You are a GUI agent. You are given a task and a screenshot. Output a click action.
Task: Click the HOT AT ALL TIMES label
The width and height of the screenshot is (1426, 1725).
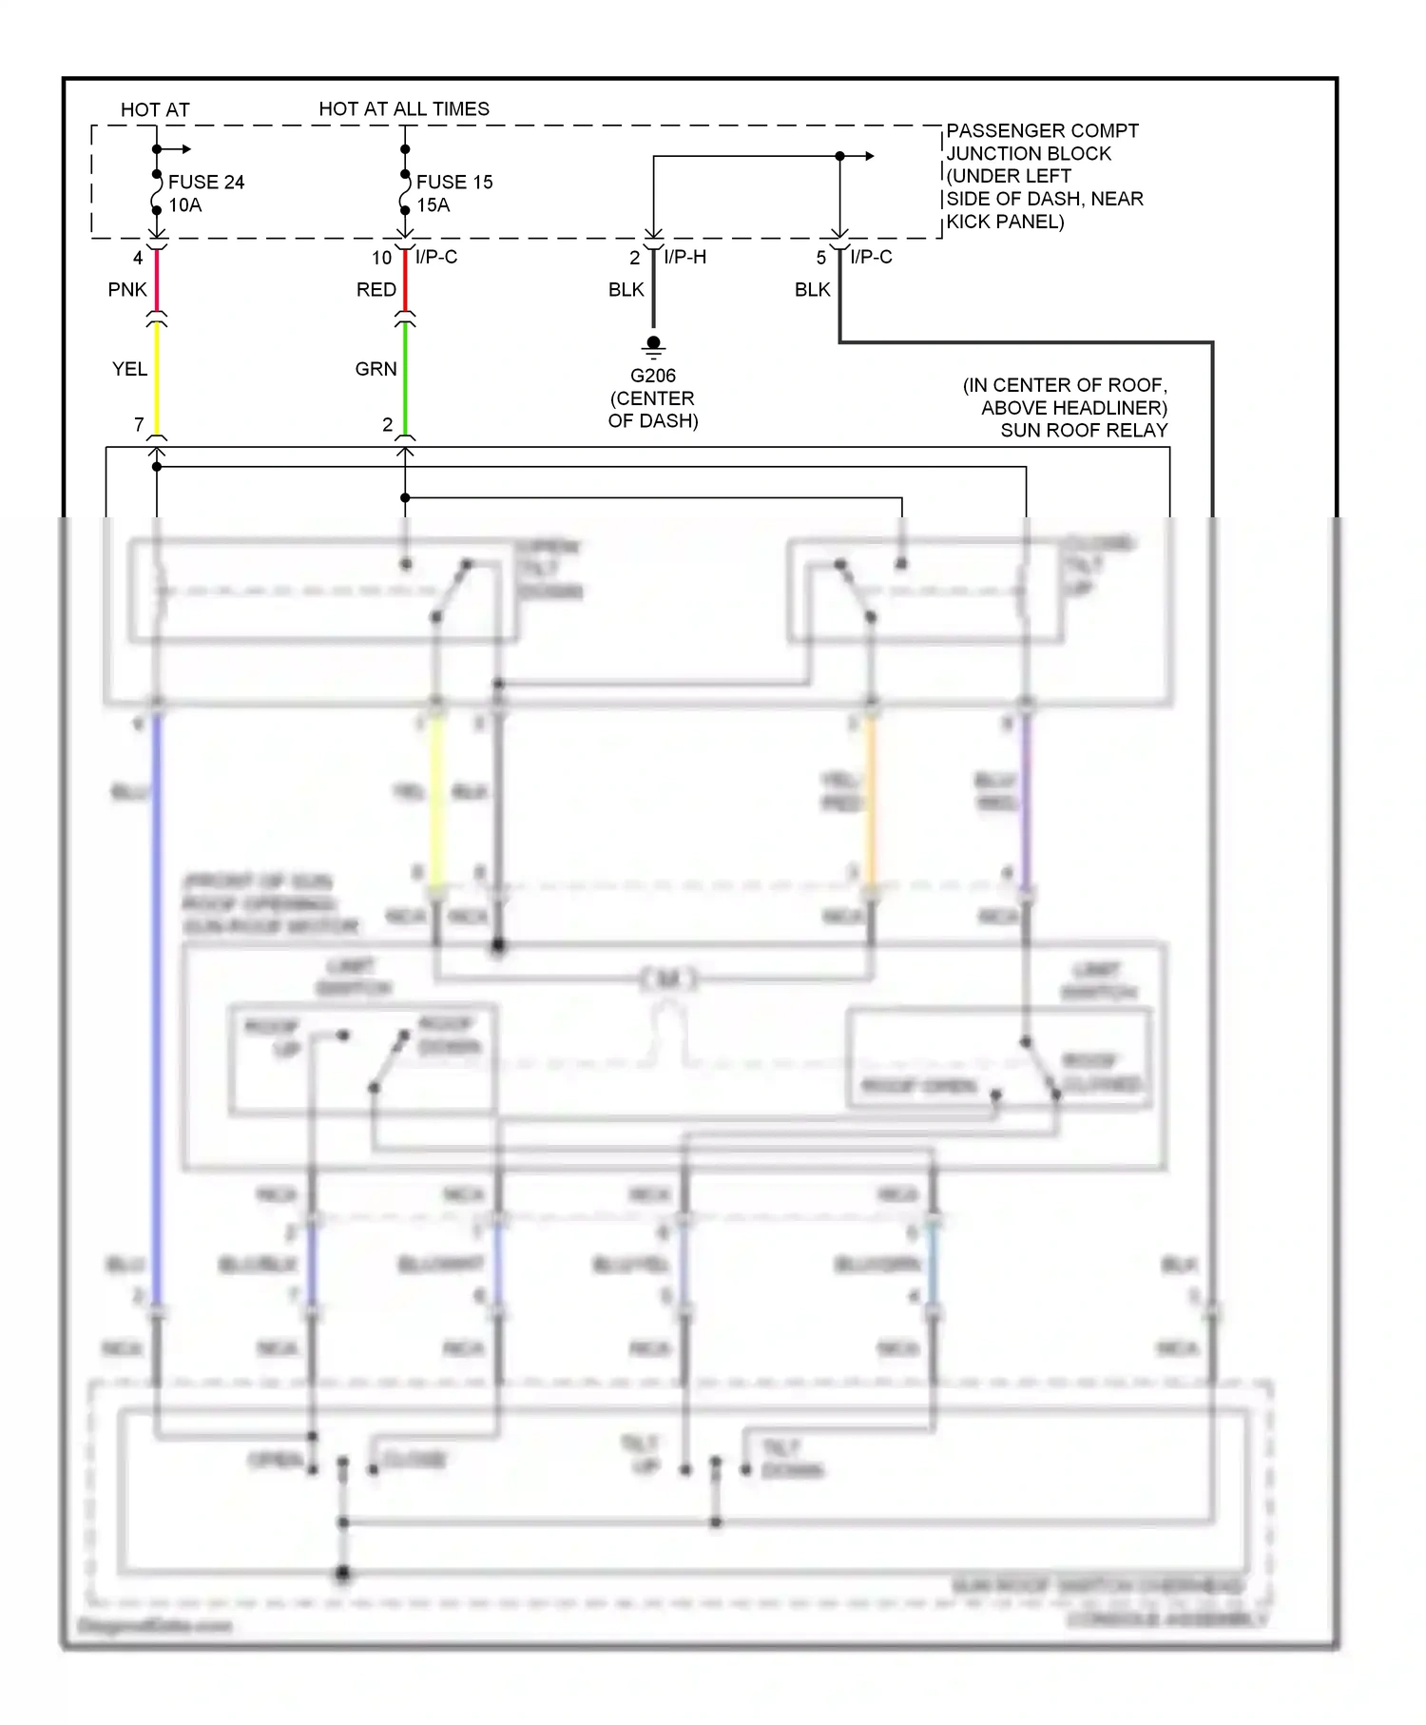[x=404, y=108]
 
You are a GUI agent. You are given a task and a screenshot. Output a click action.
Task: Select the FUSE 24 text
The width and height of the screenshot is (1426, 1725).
[x=206, y=182]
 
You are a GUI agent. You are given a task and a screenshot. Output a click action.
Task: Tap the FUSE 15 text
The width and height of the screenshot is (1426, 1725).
[x=454, y=182]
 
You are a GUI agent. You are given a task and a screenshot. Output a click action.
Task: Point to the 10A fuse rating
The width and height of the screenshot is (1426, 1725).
[x=185, y=205]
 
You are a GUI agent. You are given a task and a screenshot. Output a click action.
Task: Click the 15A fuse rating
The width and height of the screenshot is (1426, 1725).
[x=434, y=205]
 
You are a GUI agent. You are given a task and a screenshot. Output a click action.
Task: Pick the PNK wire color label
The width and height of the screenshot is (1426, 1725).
[x=127, y=289]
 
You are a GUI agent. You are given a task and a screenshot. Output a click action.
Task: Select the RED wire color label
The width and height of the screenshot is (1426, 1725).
[x=376, y=289]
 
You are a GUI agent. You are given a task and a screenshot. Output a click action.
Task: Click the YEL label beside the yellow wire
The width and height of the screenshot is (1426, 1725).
[x=129, y=369]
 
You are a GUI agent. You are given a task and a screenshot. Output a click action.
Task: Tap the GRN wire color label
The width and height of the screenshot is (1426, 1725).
[x=376, y=369]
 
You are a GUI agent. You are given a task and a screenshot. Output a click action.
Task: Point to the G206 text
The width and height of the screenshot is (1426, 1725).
[x=653, y=376]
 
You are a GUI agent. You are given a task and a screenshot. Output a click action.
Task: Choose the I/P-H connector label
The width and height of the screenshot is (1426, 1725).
[x=684, y=257]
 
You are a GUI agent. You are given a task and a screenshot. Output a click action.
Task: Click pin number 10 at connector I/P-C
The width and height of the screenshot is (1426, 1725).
[x=381, y=258]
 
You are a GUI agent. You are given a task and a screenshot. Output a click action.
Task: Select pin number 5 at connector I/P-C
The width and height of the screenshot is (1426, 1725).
[x=821, y=258]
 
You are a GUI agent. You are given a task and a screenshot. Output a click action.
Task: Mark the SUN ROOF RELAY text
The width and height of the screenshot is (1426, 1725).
[x=1084, y=431]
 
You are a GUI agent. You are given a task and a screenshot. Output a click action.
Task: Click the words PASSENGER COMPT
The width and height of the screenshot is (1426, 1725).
[x=1042, y=130]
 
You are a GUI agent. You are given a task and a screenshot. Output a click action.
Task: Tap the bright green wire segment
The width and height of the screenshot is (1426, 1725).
[x=405, y=376]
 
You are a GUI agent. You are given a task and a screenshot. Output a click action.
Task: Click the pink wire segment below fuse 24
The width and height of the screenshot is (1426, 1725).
[x=157, y=281]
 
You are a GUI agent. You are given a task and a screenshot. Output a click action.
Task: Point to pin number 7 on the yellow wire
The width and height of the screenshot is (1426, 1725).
[x=139, y=424]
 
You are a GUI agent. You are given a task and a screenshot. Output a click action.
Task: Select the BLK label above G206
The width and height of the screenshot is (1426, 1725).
[x=626, y=289]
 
